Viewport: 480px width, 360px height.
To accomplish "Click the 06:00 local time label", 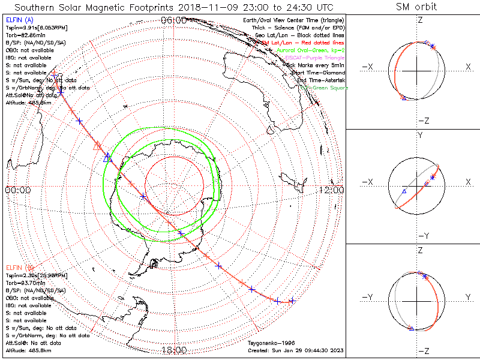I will [173, 21].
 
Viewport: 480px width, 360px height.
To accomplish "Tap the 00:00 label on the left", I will [17, 190].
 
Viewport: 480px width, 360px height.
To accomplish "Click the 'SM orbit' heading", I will [416, 7].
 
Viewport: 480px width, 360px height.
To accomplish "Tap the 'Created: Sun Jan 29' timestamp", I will [295, 350].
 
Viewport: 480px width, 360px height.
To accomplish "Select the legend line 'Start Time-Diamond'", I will [318, 73].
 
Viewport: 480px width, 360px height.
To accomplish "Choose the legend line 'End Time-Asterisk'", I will [319, 80].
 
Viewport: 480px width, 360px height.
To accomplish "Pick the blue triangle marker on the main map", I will [107, 158].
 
